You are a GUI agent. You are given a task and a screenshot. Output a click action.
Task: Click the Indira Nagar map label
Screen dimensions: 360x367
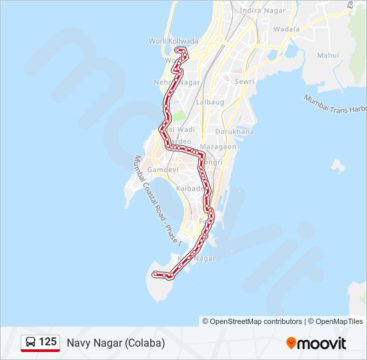point(258,11)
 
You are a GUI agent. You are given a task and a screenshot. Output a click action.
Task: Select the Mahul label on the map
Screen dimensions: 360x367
point(328,55)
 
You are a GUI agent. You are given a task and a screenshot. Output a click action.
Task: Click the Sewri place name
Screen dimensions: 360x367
point(244,81)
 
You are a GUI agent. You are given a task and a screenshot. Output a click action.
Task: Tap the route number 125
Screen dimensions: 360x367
point(47,342)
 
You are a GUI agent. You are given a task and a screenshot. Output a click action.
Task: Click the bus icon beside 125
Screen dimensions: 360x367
point(31,342)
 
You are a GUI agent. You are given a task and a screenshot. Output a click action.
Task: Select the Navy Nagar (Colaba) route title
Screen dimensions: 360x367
point(115,343)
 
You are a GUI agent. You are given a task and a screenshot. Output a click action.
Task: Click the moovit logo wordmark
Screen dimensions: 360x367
point(322,343)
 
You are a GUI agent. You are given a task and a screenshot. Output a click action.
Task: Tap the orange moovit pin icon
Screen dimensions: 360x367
point(291,343)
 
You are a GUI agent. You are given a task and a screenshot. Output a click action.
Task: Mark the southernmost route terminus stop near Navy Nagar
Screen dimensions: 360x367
point(155,274)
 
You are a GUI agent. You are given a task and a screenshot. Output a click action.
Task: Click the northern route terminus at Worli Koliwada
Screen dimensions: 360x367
point(177,50)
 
